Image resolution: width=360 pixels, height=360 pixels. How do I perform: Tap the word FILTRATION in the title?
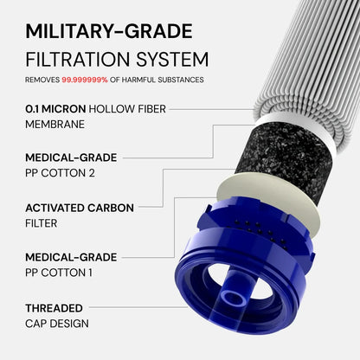(78, 60)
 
